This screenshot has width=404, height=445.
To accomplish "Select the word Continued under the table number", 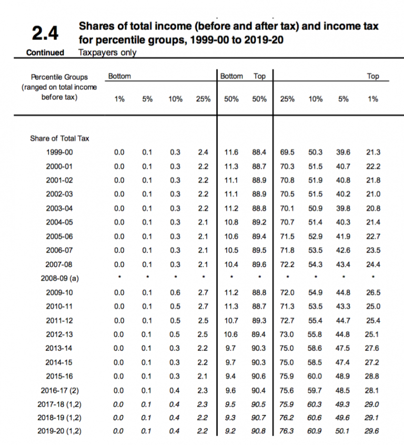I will pyautogui.click(x=45, y=53).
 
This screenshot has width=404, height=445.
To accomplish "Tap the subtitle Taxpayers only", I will pyautogui.click(x=107, y=53).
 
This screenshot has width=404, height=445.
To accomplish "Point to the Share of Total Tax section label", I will pyautogui.click(x=59, y=138).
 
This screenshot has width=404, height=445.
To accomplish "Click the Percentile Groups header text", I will pyautogui.click(x=59, y=77).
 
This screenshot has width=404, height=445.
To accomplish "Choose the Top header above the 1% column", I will pyautogui.click(x=372, y=76).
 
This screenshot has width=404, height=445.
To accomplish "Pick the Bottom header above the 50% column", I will pyautogui.click(x=231, y=76).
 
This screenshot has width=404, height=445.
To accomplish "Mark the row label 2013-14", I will pyautogui.click(x=59, y=348).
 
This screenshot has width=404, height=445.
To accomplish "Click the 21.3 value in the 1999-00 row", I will pyautogui.click(x=372, y=153).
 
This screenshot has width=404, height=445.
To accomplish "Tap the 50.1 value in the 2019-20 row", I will pyautogui.click(x=344, y=432).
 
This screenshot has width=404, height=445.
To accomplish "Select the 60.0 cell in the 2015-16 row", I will pyautogui.click(x=315, y=376).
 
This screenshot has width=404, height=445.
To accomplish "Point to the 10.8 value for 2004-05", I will pyautogui.click(x=231, y=223).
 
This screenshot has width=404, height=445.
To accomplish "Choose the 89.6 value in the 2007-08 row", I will pyautogui.click(x=259, y=265).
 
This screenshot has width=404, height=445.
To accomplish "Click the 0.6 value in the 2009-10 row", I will pyautogui.click(x=175, y=292).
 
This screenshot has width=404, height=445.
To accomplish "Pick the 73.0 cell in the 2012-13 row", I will pyautogui.click(x=287, y=334).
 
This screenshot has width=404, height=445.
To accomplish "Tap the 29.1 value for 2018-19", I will pyautogui.click(x=372, y=418).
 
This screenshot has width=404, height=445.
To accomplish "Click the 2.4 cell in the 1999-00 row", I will pyautogui.click(x=203, y=153).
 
